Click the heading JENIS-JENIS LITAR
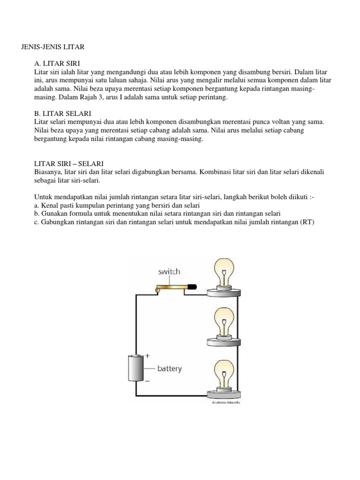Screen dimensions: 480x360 pos(52,47)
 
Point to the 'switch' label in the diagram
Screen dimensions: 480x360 pos(169,271)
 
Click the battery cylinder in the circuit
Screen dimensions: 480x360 pos(135,368)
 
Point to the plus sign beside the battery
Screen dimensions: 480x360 pos(148,356)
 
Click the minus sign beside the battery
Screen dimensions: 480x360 pos(147,381)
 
